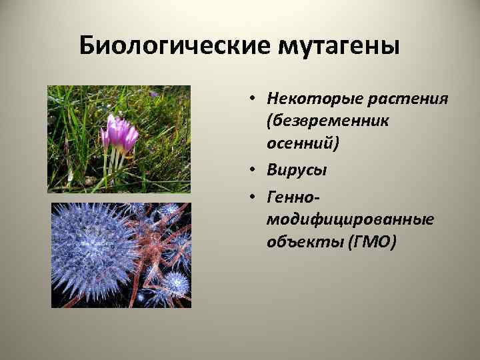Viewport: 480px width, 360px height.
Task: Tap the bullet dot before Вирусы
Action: coord(255,170)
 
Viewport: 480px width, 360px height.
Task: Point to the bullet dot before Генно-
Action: coord(255,195)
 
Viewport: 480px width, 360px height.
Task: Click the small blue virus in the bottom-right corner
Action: coord(175,283)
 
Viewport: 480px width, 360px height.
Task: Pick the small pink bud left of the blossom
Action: coord(105,137)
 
